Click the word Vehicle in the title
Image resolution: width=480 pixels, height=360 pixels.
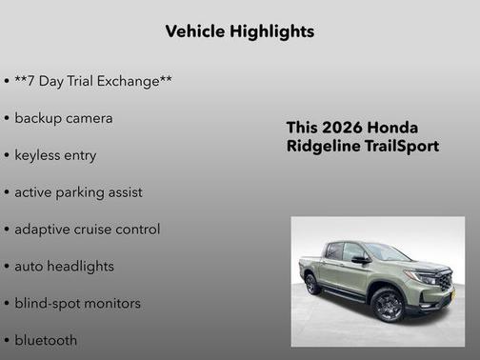195,31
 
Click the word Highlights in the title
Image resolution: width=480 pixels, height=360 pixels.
271,31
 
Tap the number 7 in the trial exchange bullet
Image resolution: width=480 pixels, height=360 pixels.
34,81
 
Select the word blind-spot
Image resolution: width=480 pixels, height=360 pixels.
48,304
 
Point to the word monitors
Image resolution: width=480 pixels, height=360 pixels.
112,304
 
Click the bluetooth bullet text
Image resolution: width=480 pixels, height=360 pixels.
46,340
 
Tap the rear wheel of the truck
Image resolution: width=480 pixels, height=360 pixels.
310,284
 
